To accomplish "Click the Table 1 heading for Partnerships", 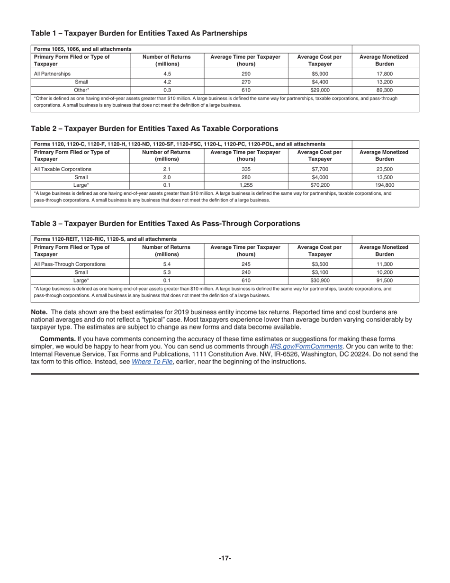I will tap(139, 33).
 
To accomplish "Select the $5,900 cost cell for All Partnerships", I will tap(320, 74).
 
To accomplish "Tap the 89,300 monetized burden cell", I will tap(384, 90).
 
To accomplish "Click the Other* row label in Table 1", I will tap(81, 90).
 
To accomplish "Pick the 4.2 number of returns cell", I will tap(167, 82).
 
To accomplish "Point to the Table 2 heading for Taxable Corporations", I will tap(154, 128).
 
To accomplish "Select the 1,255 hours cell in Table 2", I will tap(246, 185).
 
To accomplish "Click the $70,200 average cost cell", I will tap(320, 185).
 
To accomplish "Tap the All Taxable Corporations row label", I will tap(63, 169).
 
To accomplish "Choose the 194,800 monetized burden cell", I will tap(384, 185).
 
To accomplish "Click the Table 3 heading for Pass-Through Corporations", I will tap(165, 224).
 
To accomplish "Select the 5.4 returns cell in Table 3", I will tap(167, 264).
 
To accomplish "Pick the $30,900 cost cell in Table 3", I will tap(320, 281).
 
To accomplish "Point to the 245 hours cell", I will tap(246, 264).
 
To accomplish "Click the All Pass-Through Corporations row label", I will tap(70, 264).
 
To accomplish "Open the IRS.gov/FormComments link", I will tap(306, 346).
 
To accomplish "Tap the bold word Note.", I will tap(39, 312).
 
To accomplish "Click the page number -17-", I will tap(225, 558).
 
